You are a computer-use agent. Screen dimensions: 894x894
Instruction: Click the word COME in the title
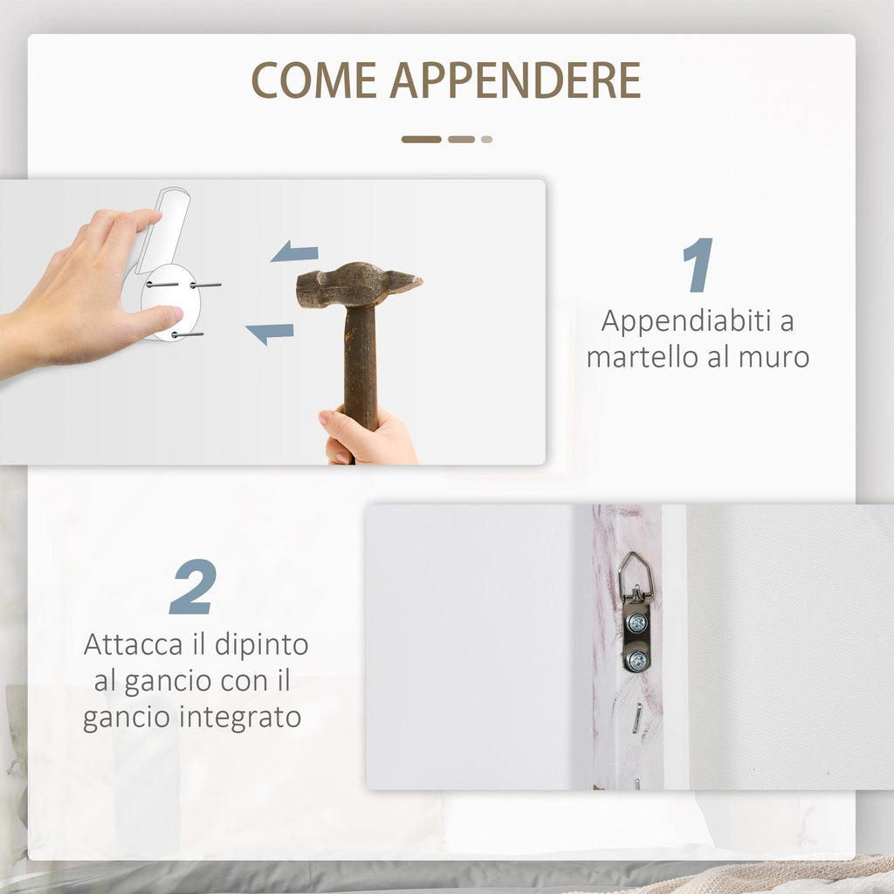314,79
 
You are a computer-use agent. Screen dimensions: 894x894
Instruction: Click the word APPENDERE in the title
515,79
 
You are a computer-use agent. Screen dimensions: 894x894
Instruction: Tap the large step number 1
698,265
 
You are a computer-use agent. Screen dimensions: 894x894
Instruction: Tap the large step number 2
193,587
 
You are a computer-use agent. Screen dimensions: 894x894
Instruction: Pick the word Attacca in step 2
134,645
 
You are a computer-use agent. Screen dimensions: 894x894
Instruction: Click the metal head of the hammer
359,285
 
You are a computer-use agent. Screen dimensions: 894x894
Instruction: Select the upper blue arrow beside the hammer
294,251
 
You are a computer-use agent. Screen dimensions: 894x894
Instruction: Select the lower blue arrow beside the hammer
270,333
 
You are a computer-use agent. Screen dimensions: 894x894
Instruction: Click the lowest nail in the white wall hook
188,334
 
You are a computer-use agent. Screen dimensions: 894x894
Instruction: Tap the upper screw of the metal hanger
636,623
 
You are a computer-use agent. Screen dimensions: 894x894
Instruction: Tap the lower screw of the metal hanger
636,660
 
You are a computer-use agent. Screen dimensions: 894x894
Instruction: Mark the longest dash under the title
422,140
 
